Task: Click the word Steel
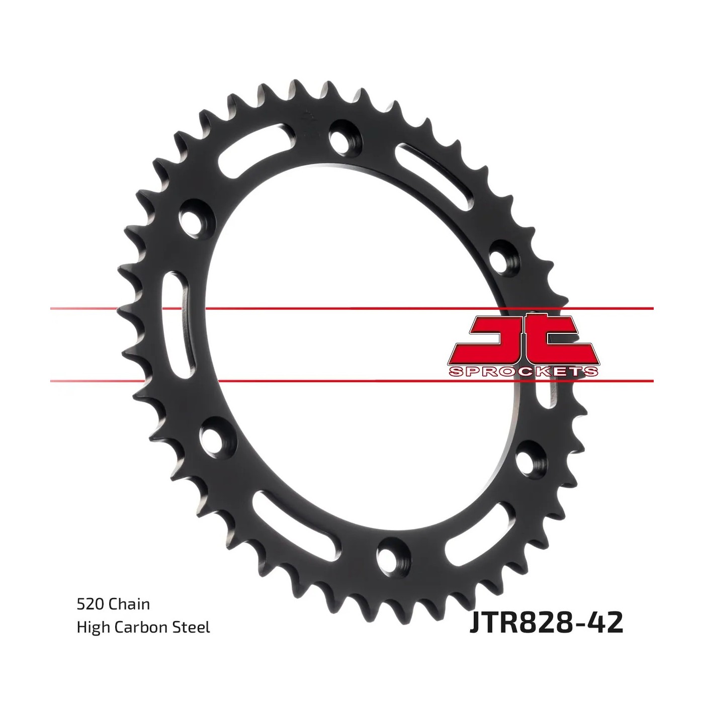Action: [192, 627]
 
